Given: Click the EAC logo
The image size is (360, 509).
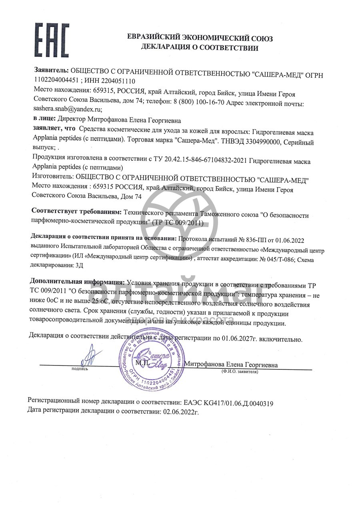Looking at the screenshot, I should pos(52,41).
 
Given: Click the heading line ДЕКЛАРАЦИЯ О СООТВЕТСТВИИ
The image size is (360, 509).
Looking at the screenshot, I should pos(200,48).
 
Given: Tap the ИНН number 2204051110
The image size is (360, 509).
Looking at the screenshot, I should pos(112,81).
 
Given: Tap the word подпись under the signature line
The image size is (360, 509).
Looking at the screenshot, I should pos(80,369).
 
